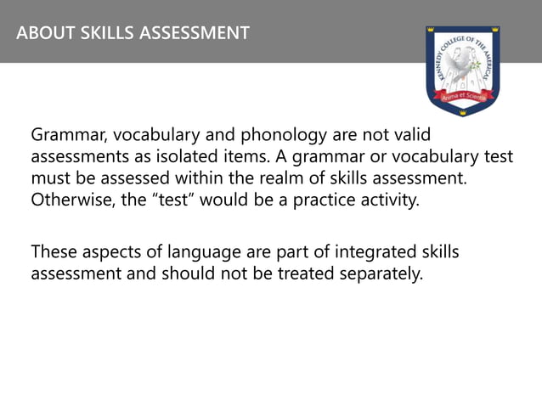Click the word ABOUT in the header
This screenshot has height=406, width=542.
[x=42, y=34]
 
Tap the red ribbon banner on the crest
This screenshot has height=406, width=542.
[x=462, y=99]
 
